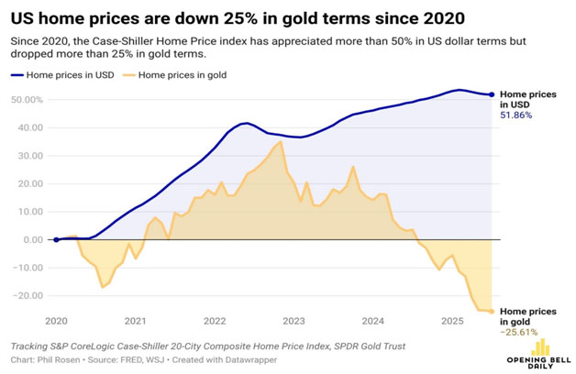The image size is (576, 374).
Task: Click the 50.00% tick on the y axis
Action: [x=28, y=99]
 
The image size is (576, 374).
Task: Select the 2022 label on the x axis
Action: [x=215, y=322]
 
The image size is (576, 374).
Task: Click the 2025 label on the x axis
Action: [x=452, y=322]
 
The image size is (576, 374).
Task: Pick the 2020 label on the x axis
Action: [x=56, y=322]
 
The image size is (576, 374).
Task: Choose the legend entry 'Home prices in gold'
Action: [x=182, y=73]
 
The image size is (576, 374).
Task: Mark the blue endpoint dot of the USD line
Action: [x=493, y=94]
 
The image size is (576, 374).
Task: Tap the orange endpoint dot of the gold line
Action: [x=493, y=312]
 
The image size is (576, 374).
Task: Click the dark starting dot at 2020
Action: [x=56, y=240]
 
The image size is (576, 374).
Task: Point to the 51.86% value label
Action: [x=515, y=115]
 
